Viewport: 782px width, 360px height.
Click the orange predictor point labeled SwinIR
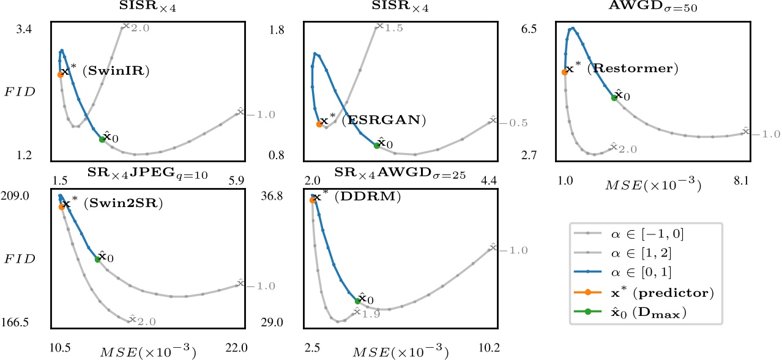click(x=61, y=74)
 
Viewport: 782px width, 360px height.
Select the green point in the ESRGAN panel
click(x=376, y=145)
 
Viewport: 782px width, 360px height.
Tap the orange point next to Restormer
click(x=564, y=72)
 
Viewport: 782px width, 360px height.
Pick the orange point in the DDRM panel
click(x=313, y=200)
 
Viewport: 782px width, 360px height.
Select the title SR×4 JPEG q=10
click(x=147, y=175)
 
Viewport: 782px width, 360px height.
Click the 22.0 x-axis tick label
click(x=236, y=347)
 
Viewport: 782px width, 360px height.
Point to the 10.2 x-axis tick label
click(x=489, y=347)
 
